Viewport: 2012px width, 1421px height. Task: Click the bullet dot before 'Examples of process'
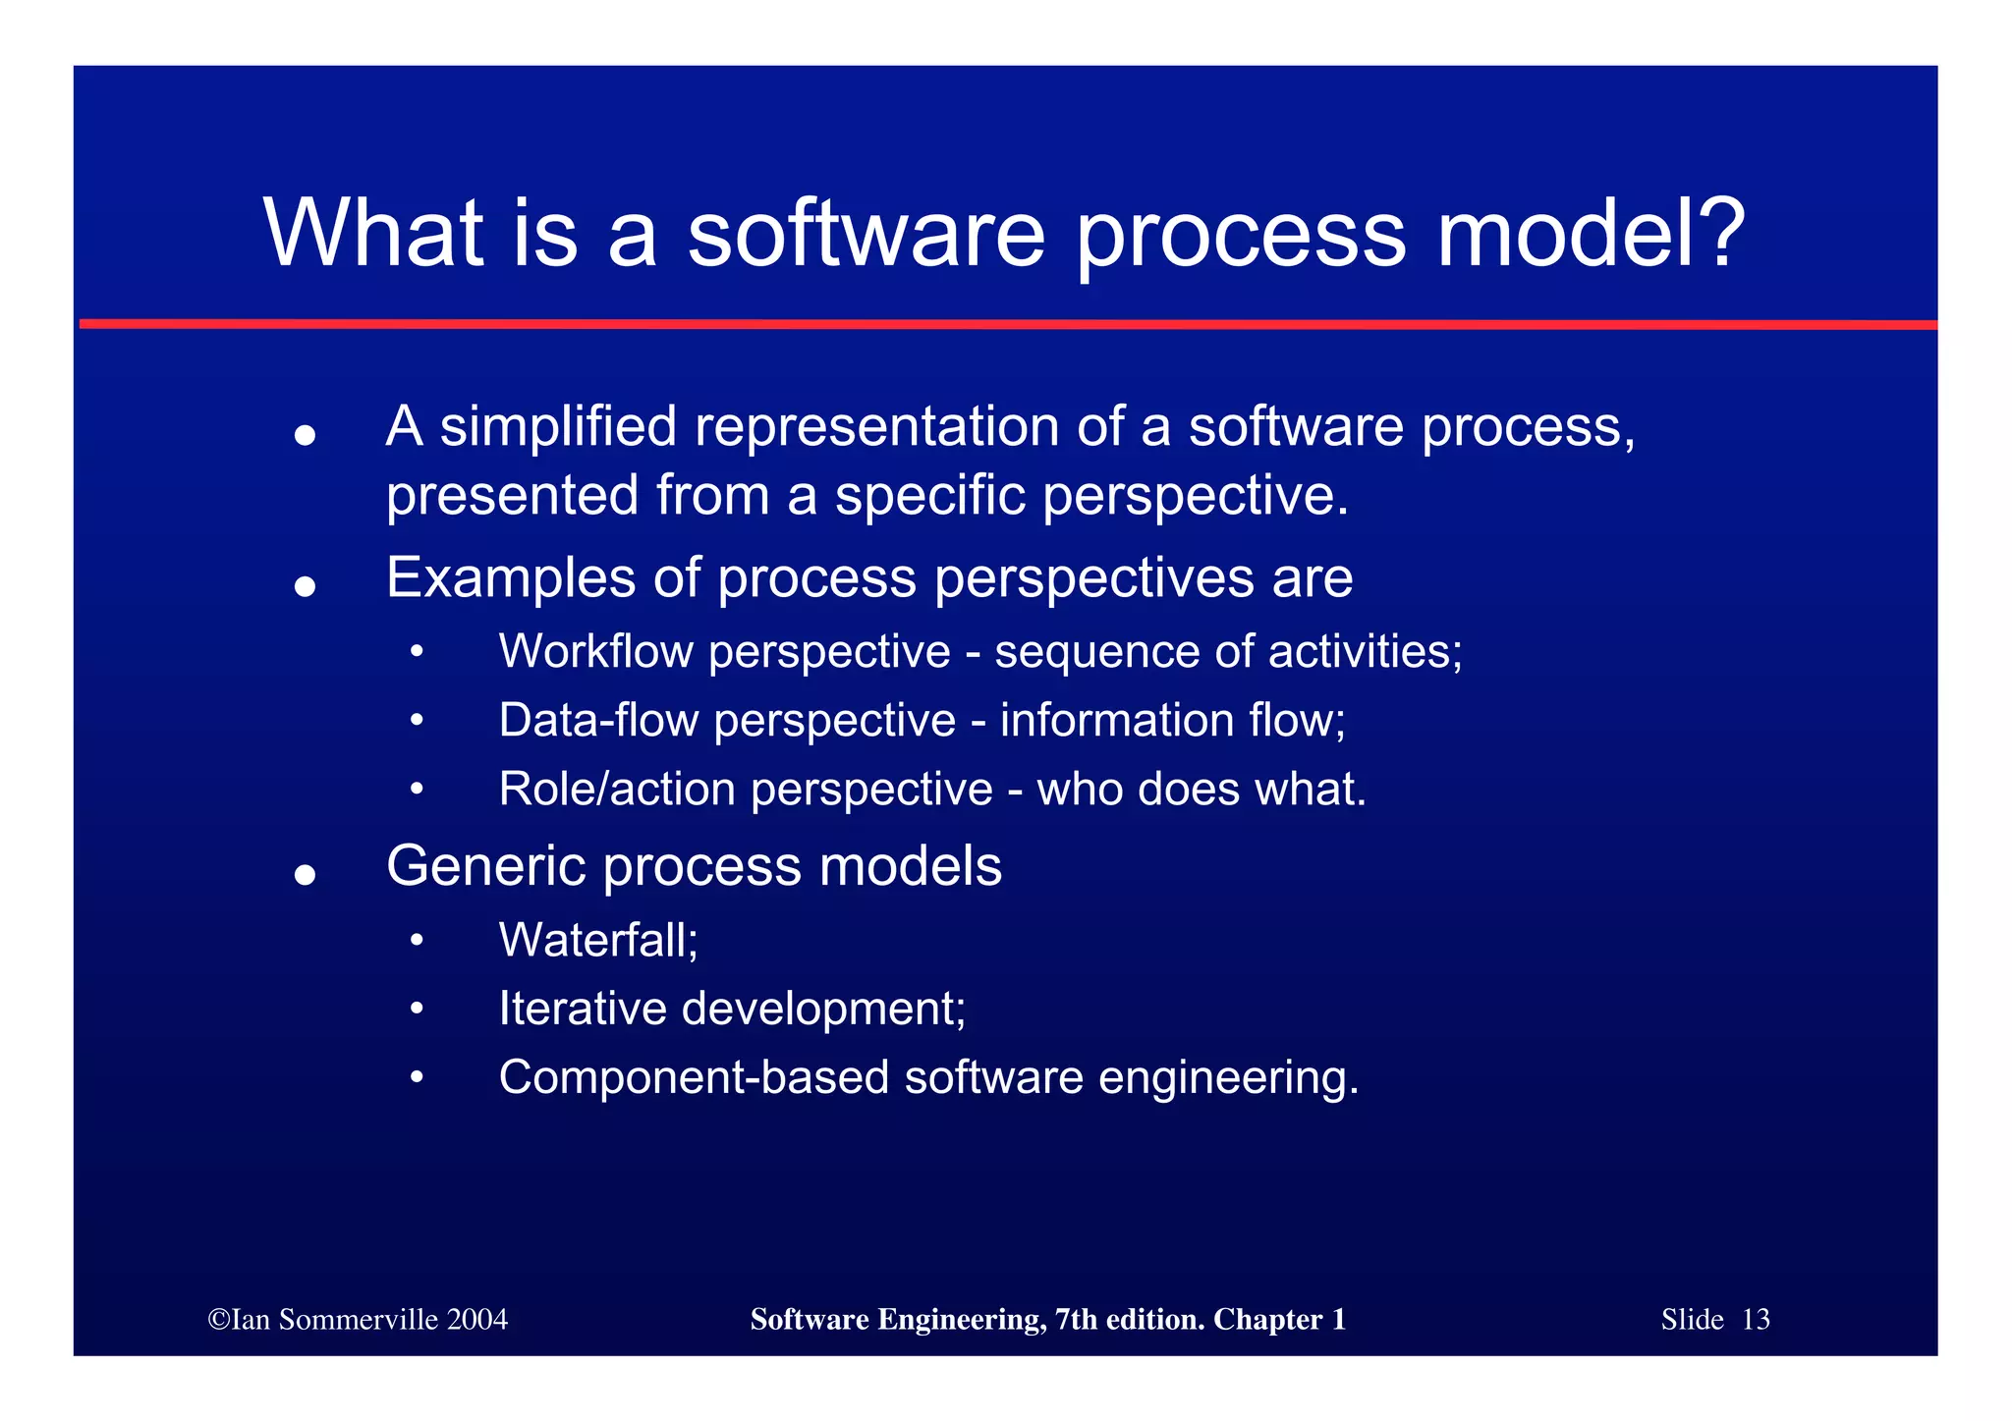305,586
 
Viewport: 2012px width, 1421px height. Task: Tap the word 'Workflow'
595,652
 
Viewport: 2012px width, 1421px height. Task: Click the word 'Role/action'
616,790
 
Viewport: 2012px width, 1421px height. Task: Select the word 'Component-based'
693,1078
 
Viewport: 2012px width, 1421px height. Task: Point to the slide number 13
1755,1320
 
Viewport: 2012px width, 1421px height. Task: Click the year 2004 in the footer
476,1320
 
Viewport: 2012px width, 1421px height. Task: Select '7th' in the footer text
1077,1320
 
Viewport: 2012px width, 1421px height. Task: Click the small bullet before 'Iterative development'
417,1010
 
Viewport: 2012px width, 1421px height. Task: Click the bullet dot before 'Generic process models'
305,874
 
